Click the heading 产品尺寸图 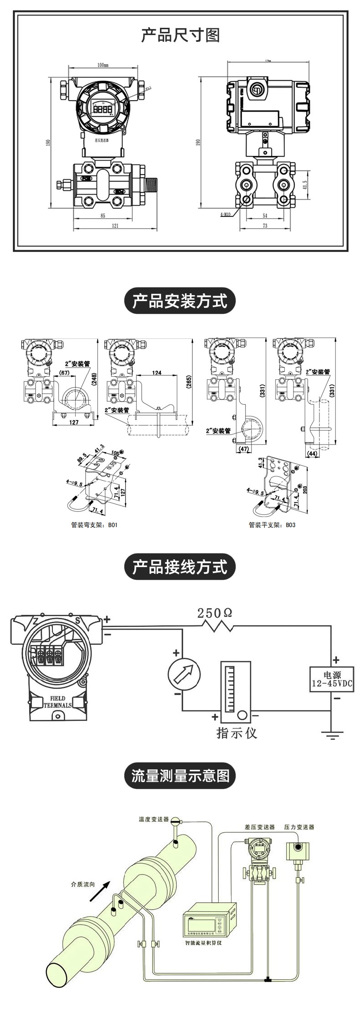(x=180, y=35)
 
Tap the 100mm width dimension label (x=103, y=65)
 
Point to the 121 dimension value (x=115, y=225)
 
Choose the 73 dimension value (x=265, y=225)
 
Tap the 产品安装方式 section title (x=180, y=301)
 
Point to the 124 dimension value (x=157, y=373)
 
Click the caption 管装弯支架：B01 (x=94, y=525)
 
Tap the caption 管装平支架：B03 (x=272, y=525)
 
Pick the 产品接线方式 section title (x=180, y=567)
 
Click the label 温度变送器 (x=154, y=819)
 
